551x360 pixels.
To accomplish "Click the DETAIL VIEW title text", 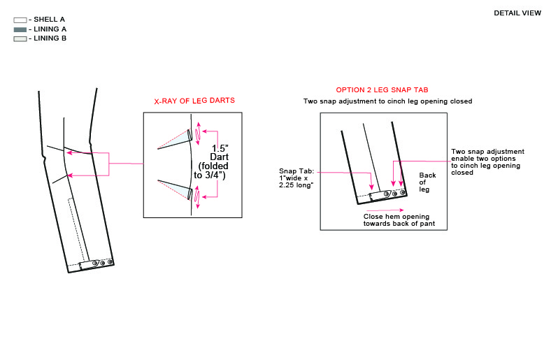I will point(517,13).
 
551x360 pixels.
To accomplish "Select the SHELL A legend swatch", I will point(20,20).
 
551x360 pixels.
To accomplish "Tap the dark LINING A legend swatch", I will point(20,29).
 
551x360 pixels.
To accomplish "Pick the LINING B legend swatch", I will point(20,38).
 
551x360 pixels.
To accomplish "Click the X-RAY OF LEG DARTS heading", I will point(194,101).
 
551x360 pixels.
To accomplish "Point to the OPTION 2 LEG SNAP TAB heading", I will point(382,90).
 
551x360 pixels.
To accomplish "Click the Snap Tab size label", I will point(296,178).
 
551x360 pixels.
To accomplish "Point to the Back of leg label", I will point(427,181).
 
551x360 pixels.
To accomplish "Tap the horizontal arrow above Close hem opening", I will point(383,209).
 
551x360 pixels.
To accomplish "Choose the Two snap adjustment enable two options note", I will point(487,161).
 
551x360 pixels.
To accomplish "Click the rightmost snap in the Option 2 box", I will point(401,192).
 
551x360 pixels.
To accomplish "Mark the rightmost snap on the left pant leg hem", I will point(110,261).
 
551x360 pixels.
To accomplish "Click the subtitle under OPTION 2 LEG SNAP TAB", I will point(387,101).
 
